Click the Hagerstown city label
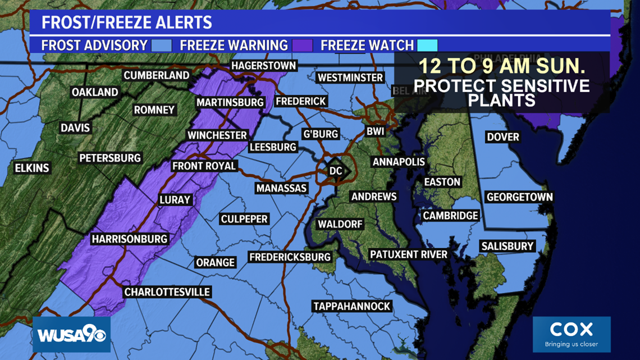coord(263,66)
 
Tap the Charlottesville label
coord(167,292)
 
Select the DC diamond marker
coord(336,170)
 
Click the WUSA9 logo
coord(71,335)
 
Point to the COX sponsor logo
coord(571,334)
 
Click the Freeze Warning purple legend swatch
coord(303,45)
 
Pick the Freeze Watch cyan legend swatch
coord(427,45)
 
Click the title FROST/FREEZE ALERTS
coord(127,23)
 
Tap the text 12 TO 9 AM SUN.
coord(502,68)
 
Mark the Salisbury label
coord(508,246)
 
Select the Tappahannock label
coord(352,306)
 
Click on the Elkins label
coord(33,168)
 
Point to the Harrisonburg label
coord(130,239)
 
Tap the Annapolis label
coord(399,162)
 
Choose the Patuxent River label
coord(409,254)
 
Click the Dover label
coord(503,137)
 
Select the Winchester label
coord(217,135)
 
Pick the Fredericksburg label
coord(290,257)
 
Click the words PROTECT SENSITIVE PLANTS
coord(502,93)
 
